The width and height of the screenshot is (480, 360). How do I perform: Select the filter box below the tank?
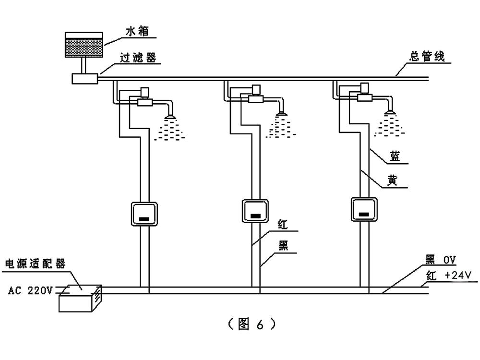coord(84,78)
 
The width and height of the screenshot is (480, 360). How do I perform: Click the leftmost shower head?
coord(169,116)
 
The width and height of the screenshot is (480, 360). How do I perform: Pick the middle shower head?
coord(281,114)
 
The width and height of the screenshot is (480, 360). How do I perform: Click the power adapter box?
coord(79,298)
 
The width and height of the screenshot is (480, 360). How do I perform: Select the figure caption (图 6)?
coord(251,324)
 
